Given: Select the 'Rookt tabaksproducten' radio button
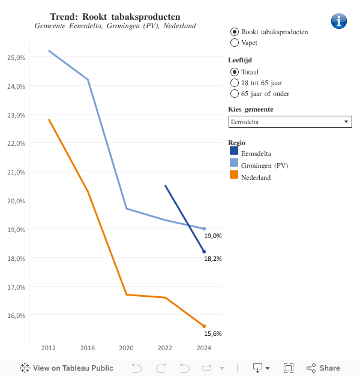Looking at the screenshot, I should [x=235, y=31].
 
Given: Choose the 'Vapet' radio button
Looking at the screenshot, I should [x=235, y=43].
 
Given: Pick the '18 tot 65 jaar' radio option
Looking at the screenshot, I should [x=235, y=83].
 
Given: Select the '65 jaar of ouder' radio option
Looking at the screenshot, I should [x=235, y=94].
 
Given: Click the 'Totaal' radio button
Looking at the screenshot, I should [x=235, y=72].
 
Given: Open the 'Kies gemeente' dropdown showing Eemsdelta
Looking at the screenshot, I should [x=290, y=122].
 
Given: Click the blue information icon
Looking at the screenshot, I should [x=339, y=21].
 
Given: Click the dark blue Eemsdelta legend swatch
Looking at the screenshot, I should [x=234, y=151].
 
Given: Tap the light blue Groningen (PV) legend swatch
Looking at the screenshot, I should [x=234, y=163].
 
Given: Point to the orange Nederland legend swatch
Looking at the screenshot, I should [x=234, y=175].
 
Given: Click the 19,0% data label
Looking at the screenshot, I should [x=212, y=236].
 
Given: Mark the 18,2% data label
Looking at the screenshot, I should [x=212, y=259].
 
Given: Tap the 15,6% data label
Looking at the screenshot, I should [x=212, y=334].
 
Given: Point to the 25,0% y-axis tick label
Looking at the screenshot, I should [x=16, y=58].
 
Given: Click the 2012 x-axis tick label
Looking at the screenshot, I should [x=49, y=348].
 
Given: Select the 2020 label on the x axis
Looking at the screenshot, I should [x=126, y=348].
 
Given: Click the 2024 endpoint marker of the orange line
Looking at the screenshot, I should [x=204, y=326].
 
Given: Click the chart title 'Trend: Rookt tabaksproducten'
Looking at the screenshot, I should [x=115, y=16].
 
